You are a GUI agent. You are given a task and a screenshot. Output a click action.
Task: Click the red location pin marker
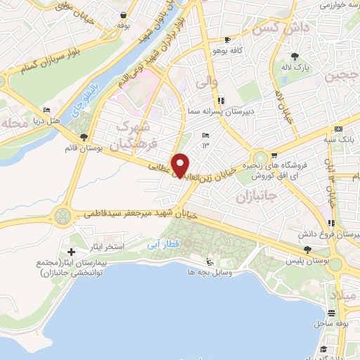click(181, 165)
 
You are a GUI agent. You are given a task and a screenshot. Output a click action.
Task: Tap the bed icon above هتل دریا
click(47, 110)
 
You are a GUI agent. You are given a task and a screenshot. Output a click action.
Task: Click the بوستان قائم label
click(94, 148)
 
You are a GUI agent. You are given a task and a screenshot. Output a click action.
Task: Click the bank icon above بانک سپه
click(338, 129)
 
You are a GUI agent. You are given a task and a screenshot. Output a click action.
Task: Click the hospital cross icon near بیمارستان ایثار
click(71, 252)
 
